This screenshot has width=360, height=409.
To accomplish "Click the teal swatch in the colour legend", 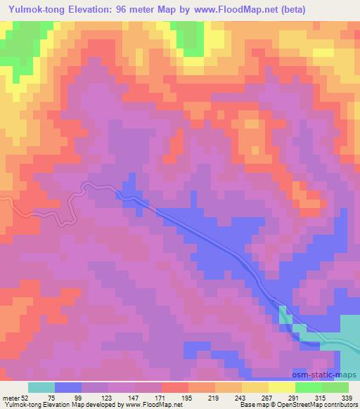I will click(41, 387).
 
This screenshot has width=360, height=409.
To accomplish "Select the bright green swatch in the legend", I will click(309, 387).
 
